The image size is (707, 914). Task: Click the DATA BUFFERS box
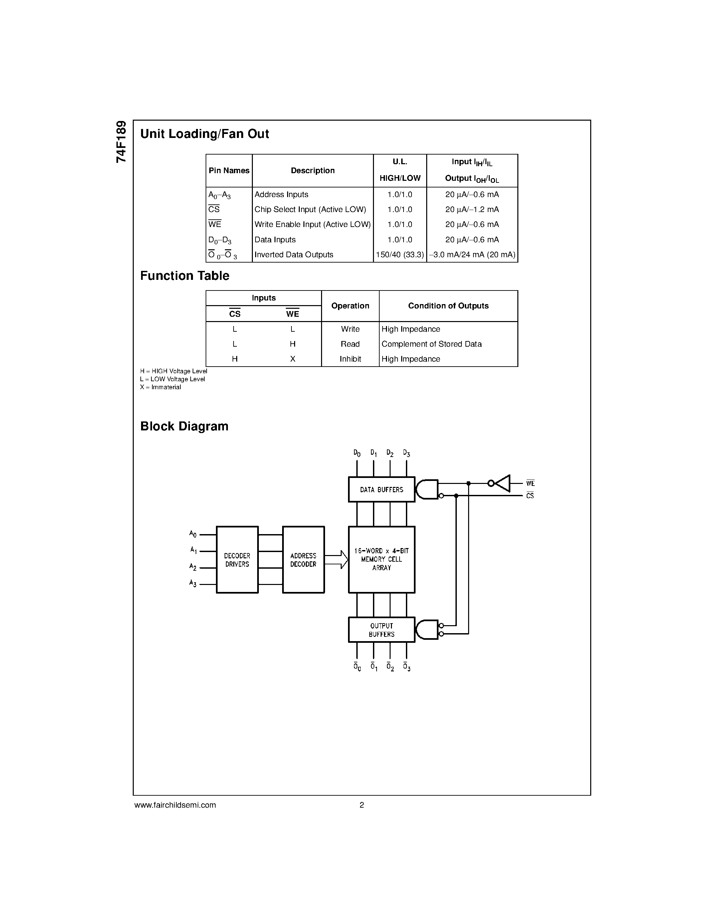click(382, 489)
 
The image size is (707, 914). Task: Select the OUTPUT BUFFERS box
click(382, 629)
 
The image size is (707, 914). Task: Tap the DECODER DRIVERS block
click(237, 559)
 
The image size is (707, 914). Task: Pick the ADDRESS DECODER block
click(303, 559)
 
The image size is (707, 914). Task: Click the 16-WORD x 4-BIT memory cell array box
click(382, 559)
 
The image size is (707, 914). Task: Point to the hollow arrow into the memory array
click(337, 559)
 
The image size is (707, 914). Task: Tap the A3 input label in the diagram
click(193, 583)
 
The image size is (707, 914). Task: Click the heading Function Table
click(185, 276)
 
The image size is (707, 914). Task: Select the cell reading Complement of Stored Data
click(432, 344)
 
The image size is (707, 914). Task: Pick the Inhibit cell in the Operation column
click(350, 359)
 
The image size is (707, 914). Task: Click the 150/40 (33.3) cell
click(400, 255)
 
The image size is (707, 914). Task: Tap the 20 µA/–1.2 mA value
click(472, 210)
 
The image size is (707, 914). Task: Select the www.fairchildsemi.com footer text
click(175, 805)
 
